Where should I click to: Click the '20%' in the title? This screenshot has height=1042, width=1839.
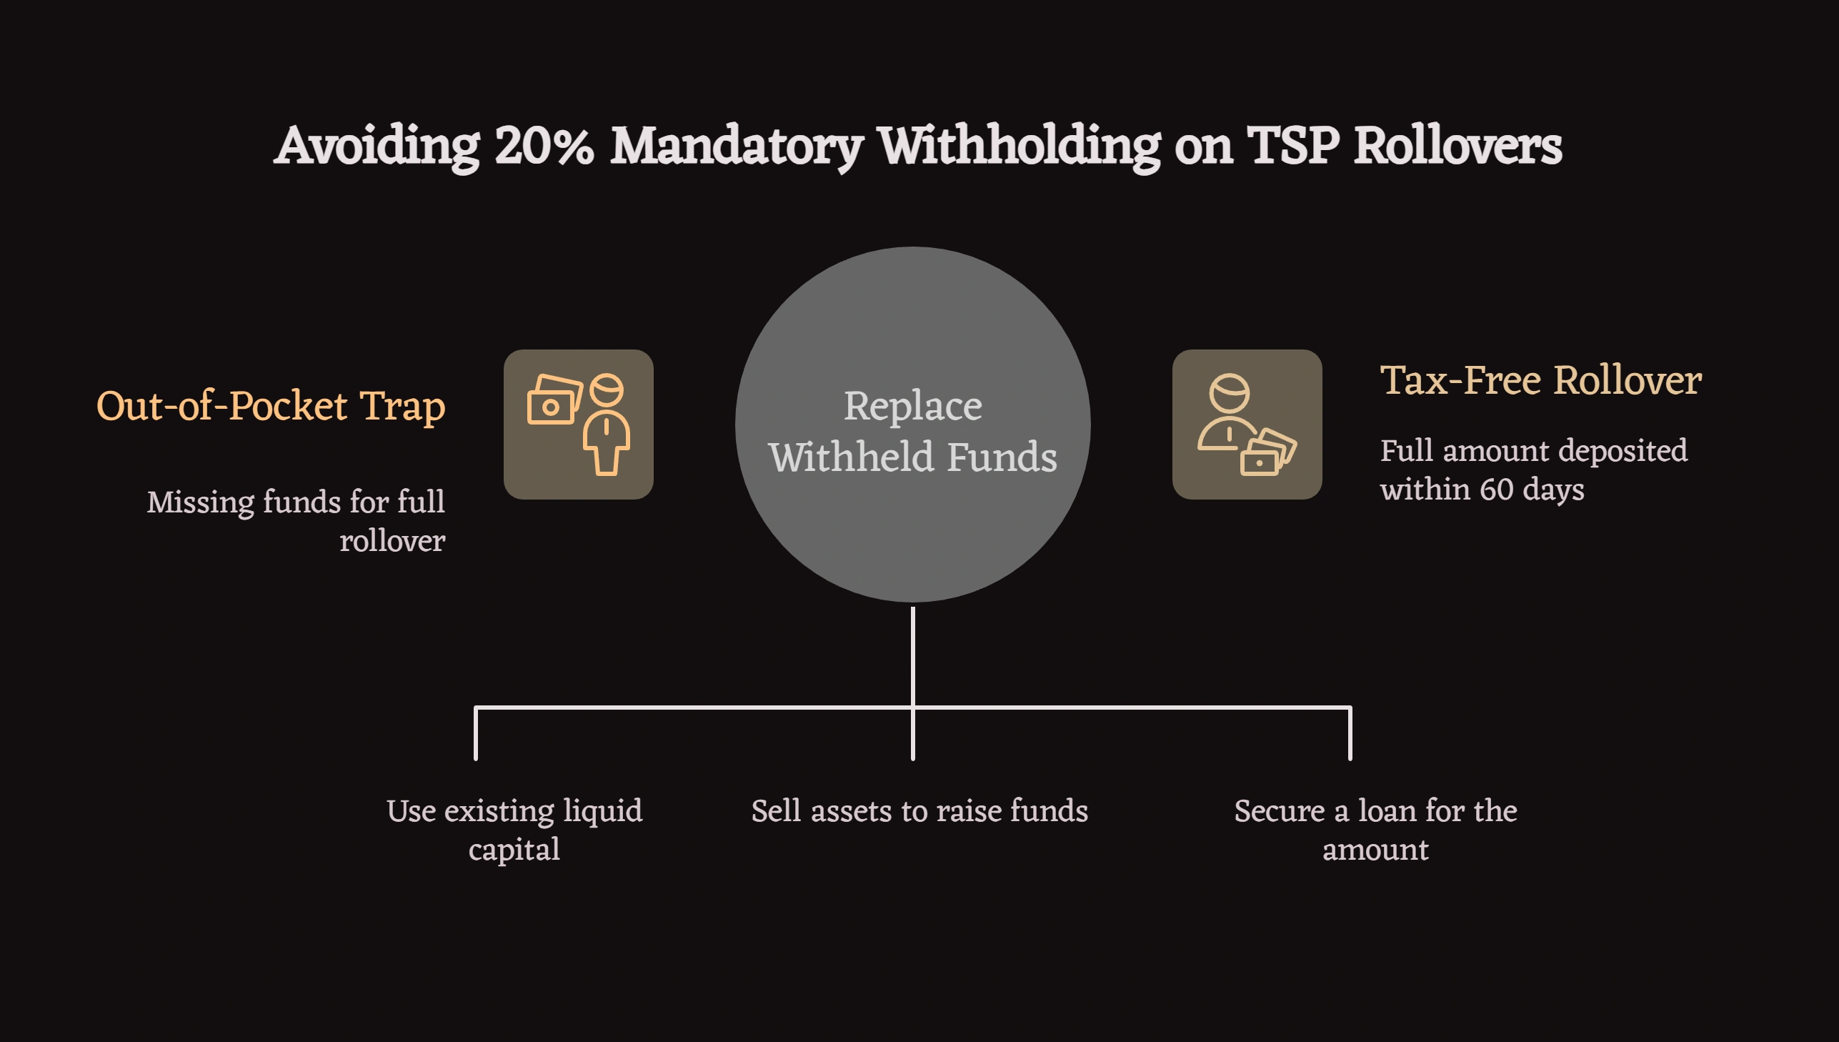pyautogui.click(x=544, y=147)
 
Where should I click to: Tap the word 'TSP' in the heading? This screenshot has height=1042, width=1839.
pyautogui.click(x=1292, y=147)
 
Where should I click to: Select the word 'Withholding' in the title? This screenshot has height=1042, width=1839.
pyautogui.click(x=1020, y=147)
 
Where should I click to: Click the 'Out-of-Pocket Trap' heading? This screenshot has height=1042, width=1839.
pyautogui.click(x=270, y=407)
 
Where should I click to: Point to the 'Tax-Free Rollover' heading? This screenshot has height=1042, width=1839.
pyautogui.click(x=1541, y=380)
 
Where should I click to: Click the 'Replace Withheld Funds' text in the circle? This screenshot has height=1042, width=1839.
pyautogui.click(x=912, y=431)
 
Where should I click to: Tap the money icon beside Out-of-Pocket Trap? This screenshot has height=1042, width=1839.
pyautogui.click(x=578, y=425)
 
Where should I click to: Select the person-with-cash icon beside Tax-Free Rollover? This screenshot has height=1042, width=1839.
pyautogui.click(x=1247, y=425)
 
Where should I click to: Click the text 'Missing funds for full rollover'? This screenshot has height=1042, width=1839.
pyautogui.click(x=296, y=521)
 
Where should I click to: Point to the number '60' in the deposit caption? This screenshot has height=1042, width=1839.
pyautogui.click(x=1496, y=490)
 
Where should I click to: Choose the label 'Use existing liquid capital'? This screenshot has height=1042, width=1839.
pyautogui.click(x=514, y=830)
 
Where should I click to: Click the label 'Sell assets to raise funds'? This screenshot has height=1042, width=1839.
pyautogui.click(x=919, y=811)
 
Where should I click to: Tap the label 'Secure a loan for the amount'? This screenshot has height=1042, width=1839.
pyautogui.click(x=1375, y=830)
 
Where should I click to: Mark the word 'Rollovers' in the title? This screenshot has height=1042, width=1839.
pyautogui.click(x=1457, y=147)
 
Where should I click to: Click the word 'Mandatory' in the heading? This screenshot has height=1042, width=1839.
pyautogui.click(x=736, y=147)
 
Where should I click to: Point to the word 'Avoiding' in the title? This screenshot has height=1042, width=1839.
pyautogui.click(x=377, y=147)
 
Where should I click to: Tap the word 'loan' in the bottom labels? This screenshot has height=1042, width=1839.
pyautogui.click(x=1387, y=811)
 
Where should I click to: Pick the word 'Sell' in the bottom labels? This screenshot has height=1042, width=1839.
pyautogui.click(x=775, y=811)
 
